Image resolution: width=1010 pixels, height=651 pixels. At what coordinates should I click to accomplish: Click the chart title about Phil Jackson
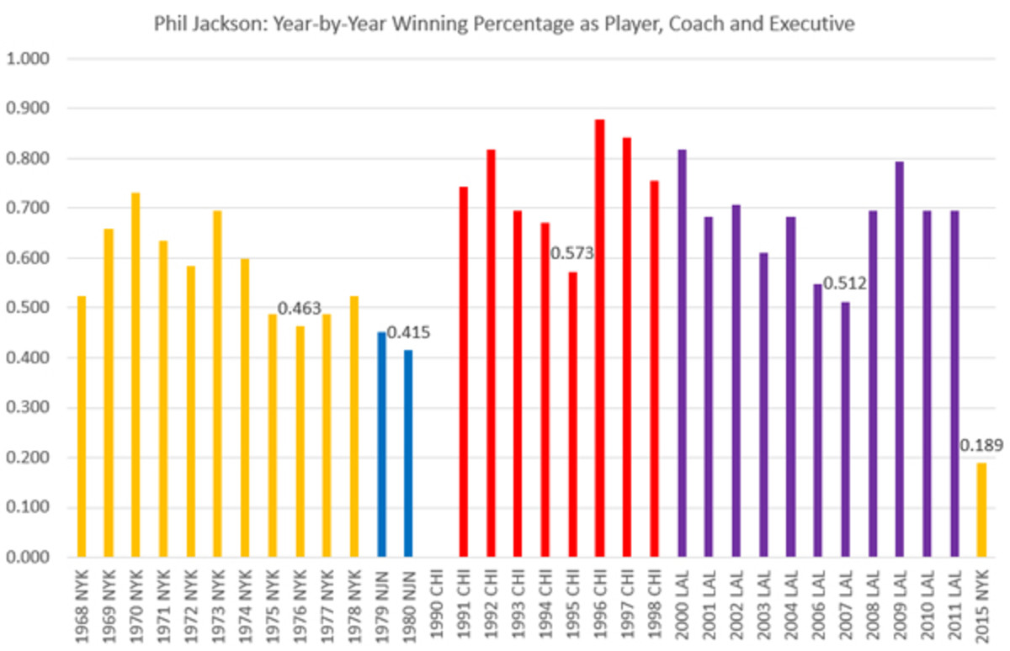(504, 24)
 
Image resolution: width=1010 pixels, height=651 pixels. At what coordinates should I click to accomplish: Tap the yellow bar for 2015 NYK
(981, 510)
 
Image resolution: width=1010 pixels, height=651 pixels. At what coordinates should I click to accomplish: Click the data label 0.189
(981, 444)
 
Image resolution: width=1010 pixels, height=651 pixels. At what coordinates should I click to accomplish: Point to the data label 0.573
(572, 253)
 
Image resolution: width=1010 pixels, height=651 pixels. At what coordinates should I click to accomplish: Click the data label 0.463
(300, 309)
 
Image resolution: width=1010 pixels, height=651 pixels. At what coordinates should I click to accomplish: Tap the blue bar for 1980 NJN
(408, 453)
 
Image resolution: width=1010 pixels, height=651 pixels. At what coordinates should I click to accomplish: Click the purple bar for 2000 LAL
(681, 353)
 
